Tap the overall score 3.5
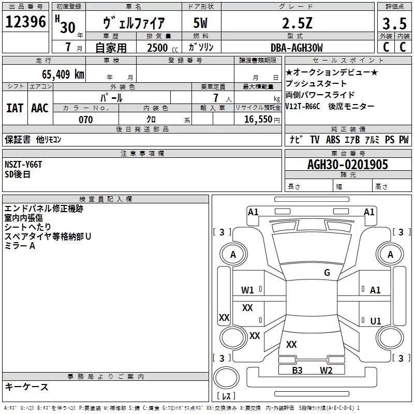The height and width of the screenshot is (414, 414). (x=393, y=23)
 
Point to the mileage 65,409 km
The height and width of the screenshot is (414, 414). (x=58, y=74)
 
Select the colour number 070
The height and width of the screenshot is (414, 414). (x=85, y=120)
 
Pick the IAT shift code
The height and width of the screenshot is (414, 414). (x=15, y=108)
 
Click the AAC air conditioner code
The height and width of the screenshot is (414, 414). (x=40, y=108)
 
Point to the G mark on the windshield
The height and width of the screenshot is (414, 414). (x=327, y=272)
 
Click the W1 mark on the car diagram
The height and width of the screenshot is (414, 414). (x=247, y=290)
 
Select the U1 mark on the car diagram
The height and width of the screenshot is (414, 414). (x=375, y=321)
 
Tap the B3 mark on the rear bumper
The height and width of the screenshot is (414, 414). (x=297, y=370)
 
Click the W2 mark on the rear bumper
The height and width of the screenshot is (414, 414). (x=326, y=370)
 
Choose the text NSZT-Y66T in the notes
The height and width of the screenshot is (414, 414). (x=23, y=165)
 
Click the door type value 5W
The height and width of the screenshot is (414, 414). (x=200, y=23)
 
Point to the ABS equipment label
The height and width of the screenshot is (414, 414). (x=333, y=140)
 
